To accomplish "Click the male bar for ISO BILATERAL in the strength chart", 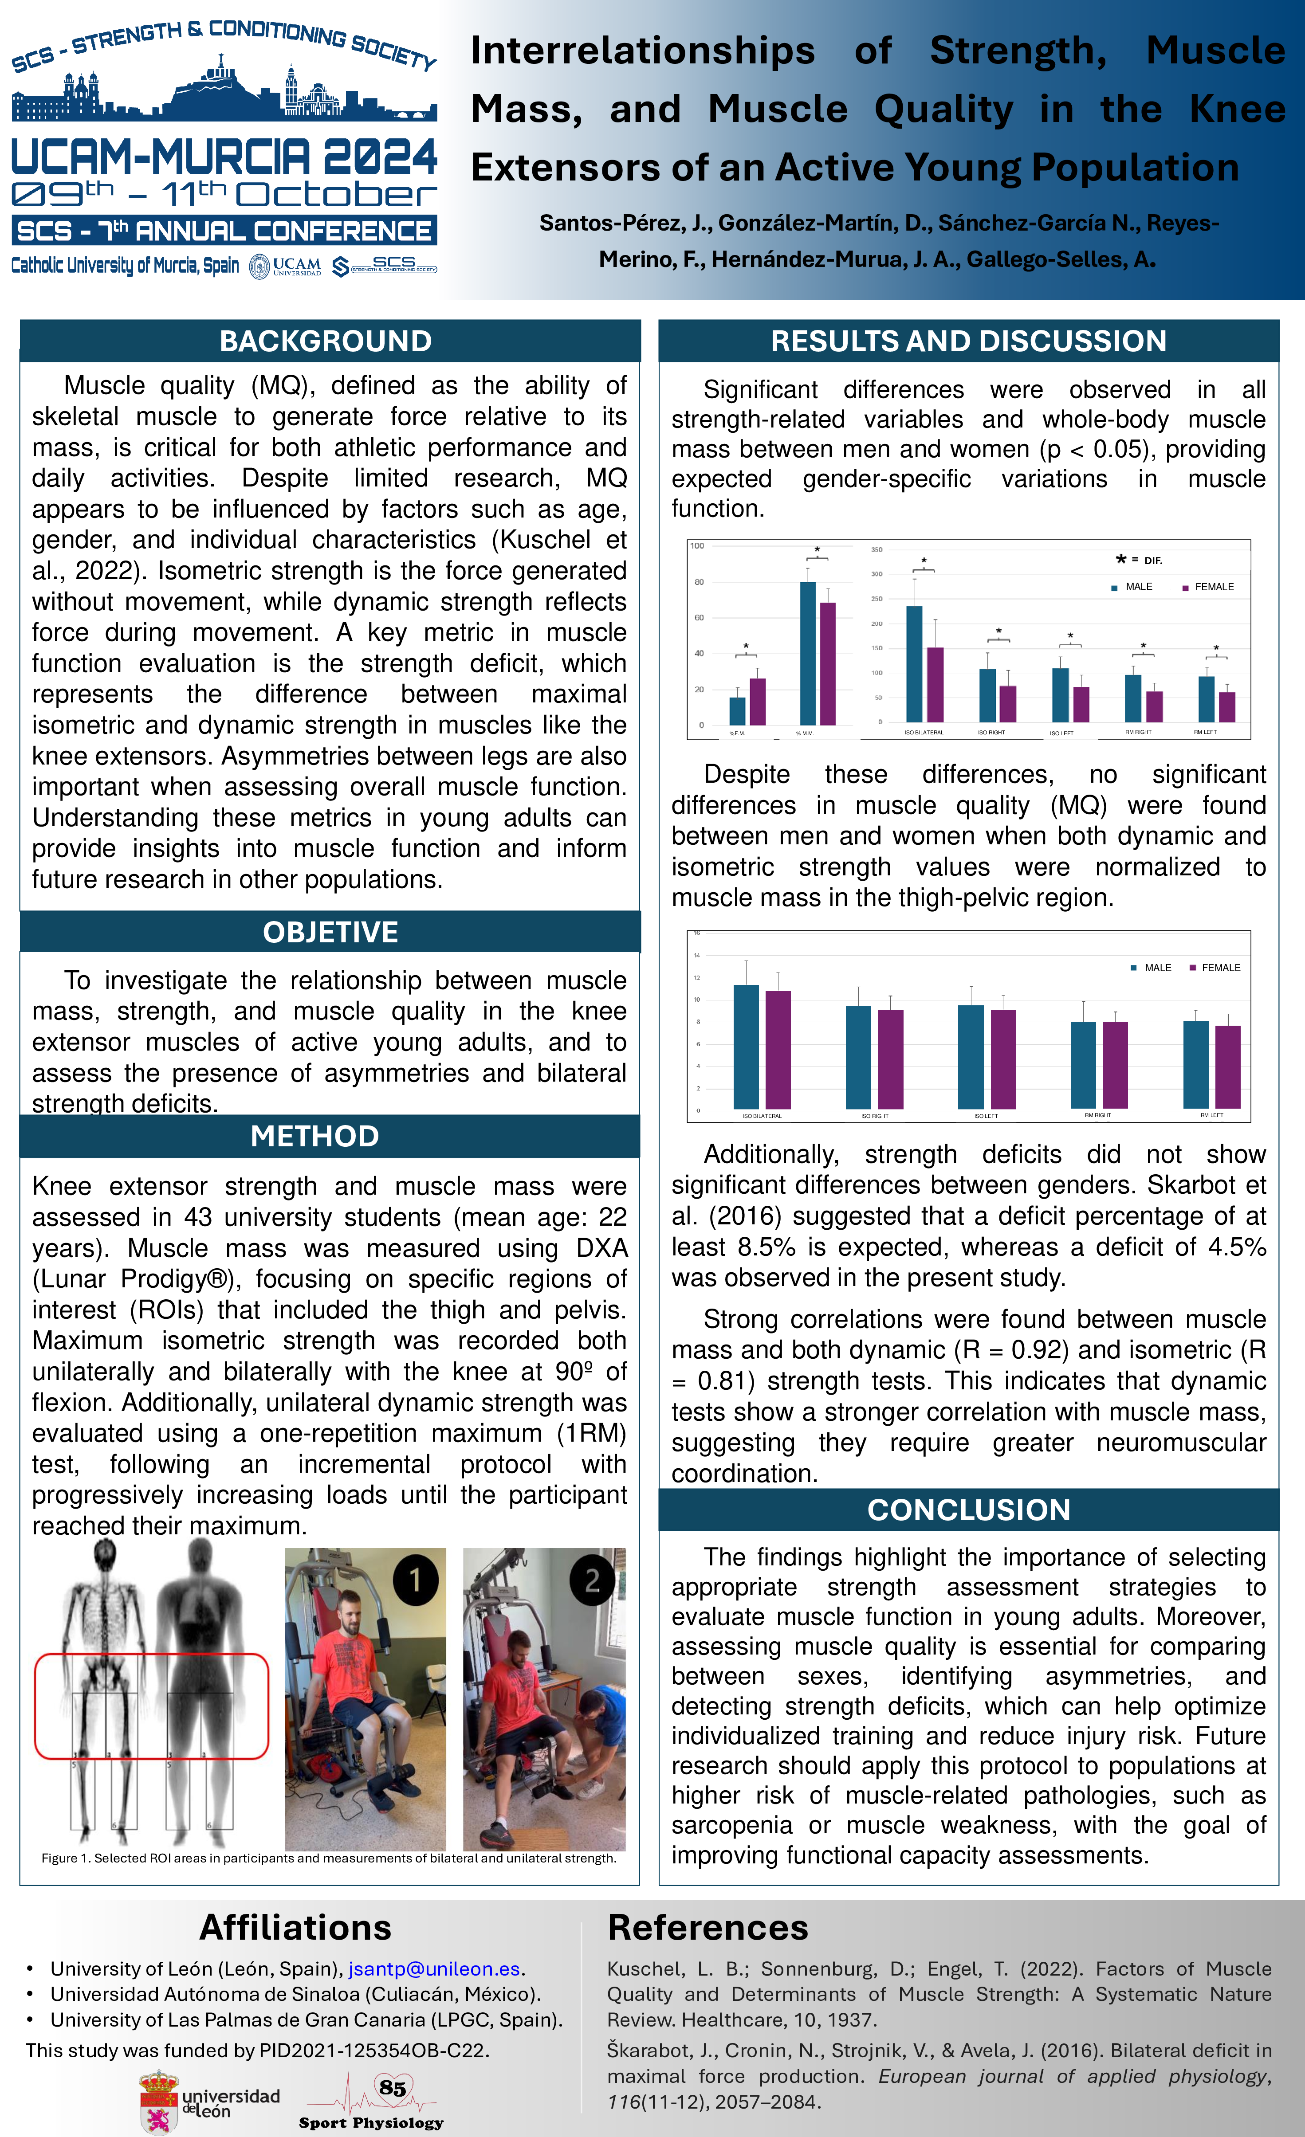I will (914, 663).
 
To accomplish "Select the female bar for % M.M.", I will (827, 663).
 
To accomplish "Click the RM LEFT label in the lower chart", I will (1211, 1115).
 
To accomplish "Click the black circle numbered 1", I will (416, 1580).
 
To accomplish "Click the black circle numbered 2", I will (592, 1580).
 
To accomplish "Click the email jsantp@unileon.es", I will (434, 1969).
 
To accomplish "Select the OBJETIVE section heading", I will (330, 932).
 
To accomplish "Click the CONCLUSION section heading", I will (968, 1510).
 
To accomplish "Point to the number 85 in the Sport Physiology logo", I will (392, 2088).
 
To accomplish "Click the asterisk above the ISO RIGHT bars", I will (998, 631).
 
